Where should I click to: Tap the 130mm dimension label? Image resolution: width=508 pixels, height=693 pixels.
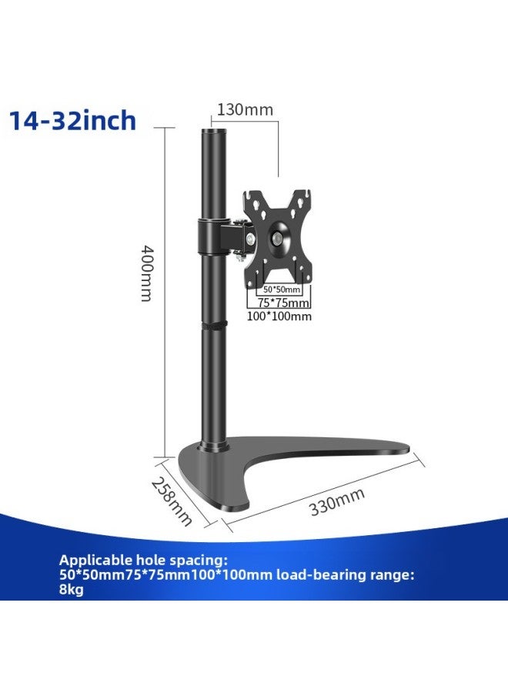(244, 109)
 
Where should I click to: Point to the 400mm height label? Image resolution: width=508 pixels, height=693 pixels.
(145, 273)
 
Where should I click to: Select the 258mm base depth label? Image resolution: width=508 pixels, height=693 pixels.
(171, 501)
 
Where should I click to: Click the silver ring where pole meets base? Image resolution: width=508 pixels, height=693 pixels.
(212, 446)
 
